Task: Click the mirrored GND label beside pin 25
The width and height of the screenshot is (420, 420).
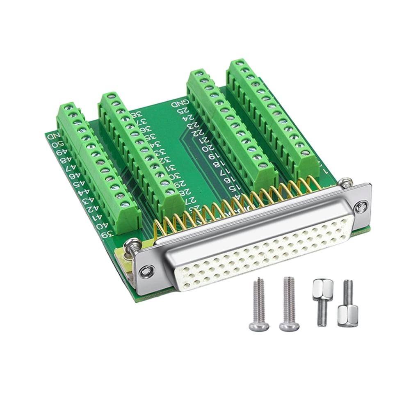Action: coord(181,102)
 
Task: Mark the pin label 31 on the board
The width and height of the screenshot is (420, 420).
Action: coord(169,168)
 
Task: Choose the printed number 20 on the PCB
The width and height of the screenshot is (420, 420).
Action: coord(209,148)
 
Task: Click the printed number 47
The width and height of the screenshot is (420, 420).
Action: coord(70,168)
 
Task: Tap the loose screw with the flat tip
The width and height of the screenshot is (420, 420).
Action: coord(289,304)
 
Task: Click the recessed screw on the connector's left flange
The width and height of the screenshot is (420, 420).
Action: coord(147,271)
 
